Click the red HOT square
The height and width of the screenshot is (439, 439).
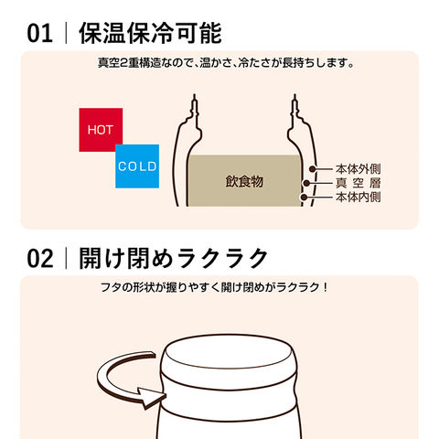101,130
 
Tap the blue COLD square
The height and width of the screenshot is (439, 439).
137,166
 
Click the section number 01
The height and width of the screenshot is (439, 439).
39,34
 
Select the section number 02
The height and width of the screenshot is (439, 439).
40,259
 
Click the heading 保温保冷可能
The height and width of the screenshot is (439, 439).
150,33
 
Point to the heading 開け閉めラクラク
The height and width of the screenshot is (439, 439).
173,258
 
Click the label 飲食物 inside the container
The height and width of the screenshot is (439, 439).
244,181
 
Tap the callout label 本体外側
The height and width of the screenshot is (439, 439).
359,168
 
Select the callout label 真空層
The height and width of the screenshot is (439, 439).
359,183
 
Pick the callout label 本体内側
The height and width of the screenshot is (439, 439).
359,197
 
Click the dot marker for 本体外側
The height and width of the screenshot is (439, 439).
312,169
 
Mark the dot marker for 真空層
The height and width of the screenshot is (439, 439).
306,183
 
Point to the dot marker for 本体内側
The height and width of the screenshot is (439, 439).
304,198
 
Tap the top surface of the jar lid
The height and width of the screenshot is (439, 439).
229,354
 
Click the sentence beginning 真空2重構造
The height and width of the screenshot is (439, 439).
226,63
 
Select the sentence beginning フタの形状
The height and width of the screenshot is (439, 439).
214,287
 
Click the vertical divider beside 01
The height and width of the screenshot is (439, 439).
66,33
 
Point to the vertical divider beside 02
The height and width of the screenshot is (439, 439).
66,258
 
